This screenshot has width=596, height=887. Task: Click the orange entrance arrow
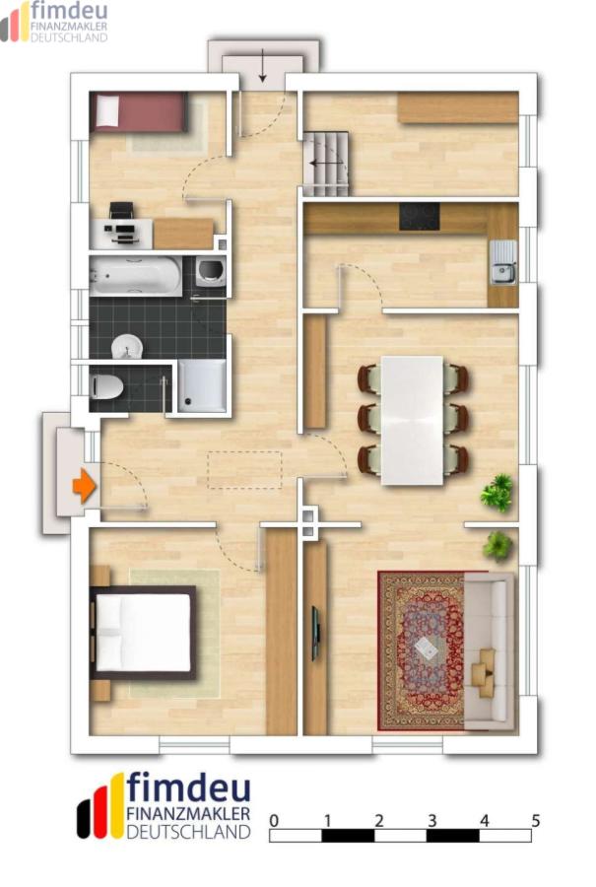[85, 485]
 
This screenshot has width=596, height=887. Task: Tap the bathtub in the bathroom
[135, 276]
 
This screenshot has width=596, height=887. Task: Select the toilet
[106, 387]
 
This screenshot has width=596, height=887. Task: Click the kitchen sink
[503, 262]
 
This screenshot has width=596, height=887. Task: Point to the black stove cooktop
[420, 216]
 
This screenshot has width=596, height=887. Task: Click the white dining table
[412, 420]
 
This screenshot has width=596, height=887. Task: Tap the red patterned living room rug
[422, 650]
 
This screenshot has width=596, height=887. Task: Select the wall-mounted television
[316, 634]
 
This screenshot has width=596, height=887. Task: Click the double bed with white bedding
[143, 632]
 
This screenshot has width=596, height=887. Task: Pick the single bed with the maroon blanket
[139, 111]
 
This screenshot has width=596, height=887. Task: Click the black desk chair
[122, 211]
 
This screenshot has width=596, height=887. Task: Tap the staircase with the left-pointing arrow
[327, 164]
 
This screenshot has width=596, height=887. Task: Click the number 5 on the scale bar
[536, 820]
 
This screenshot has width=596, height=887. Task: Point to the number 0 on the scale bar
[274, 820]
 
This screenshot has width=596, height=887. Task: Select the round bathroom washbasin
[127, 347]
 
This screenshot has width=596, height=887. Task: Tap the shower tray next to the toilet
[202, 385]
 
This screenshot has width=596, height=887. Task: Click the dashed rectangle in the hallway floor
[244, 469]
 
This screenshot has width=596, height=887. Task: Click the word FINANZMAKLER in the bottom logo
[188, 813]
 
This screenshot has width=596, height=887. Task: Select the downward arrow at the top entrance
[263, 66]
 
